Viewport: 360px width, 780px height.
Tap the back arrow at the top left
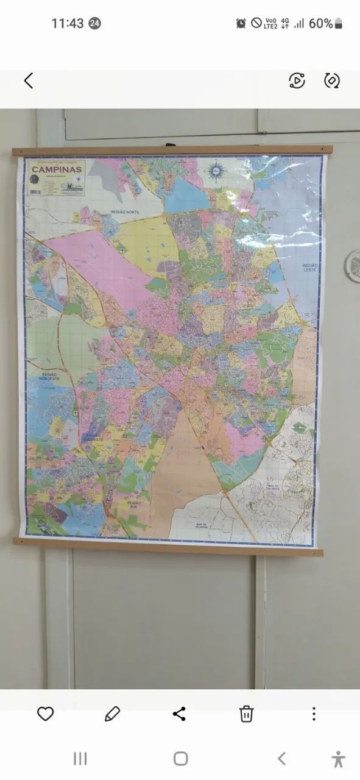click(28, 80)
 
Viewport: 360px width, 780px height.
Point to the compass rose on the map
click(216, 170)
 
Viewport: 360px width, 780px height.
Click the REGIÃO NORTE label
click(125, 211)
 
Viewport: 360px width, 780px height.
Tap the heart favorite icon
click(46, 714)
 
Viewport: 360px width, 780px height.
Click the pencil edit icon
click(112, 714)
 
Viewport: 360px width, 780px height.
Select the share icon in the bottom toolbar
click(179, 714)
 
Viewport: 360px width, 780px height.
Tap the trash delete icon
click(246, 714)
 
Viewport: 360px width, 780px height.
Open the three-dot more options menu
click(314, 714)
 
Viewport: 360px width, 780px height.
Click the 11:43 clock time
click(67, 24)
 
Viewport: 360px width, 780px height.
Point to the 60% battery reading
click(321, 24)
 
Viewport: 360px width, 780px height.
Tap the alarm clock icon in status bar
click(241, 23)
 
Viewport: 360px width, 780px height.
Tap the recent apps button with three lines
click(80, 759)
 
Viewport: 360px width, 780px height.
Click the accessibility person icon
click(339, 759)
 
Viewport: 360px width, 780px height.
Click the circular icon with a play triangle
click(297, 80)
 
